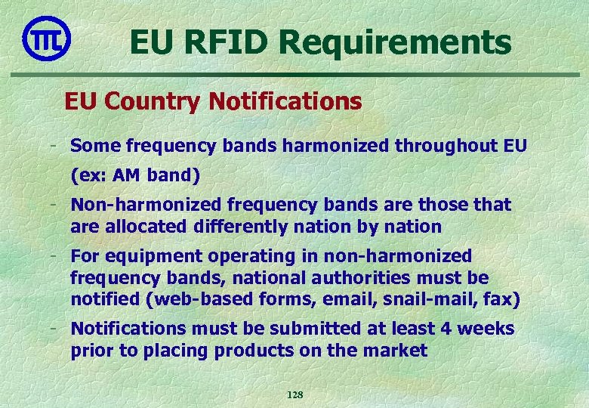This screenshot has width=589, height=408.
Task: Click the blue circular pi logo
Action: pyautogui.click(x=47, y=38)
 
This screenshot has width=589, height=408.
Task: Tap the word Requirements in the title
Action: pyautogui.click(x=390, y=43)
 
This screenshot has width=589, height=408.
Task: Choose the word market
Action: pyautogui.click(x=396, y=351)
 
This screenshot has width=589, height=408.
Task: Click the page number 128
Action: pyautogui.click(x=294, y=395)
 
